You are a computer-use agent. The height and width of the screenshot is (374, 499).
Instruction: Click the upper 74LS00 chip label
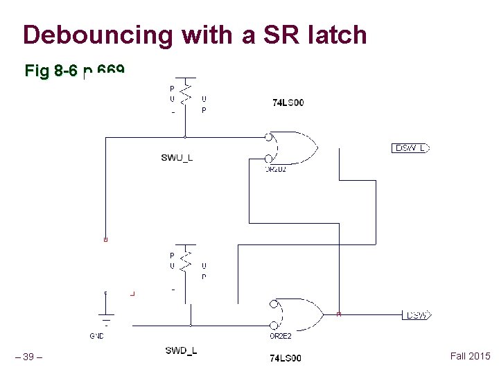tap(288, 103)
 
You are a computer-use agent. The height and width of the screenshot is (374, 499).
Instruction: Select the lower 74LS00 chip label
tap(285, 358)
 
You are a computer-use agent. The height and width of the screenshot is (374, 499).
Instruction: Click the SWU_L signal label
tap(177, 158)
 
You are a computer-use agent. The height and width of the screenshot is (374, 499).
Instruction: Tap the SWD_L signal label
tap(181, 350)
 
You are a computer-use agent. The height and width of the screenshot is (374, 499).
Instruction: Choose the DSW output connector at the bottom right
tap(417, 316)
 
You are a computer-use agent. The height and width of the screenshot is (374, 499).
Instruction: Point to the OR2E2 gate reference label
tap(281, 337)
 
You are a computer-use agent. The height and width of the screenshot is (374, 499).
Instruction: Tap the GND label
tap(96, 337)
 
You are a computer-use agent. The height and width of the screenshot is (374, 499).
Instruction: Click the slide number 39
tap(29, 357)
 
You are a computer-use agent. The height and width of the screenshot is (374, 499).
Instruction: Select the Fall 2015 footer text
tap(470, 356)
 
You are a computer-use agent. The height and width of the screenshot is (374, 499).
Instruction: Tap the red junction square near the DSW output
tap(339, 314)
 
